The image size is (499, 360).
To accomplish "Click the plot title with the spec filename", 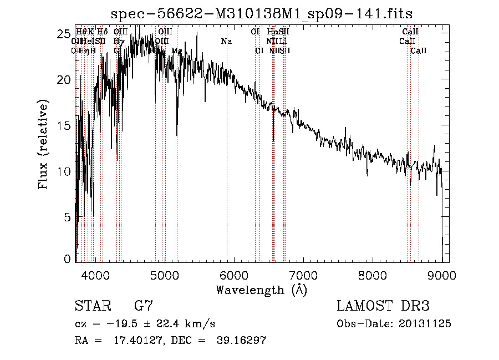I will click(262, 14).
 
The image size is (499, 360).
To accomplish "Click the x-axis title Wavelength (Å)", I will click(261, 290).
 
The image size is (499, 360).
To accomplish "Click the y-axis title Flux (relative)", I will click(43, 144).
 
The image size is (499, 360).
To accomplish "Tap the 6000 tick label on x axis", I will click(234, 275).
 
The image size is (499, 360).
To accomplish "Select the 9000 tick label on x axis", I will click(442, 275).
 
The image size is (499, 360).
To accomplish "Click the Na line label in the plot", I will click(226, 42).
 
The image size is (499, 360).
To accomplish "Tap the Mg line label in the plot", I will click(177, 51).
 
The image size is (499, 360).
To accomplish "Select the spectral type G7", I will click(143, 306).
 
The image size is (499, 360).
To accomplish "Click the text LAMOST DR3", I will click(383, 306).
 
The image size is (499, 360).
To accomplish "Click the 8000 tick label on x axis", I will click(373, 275).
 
